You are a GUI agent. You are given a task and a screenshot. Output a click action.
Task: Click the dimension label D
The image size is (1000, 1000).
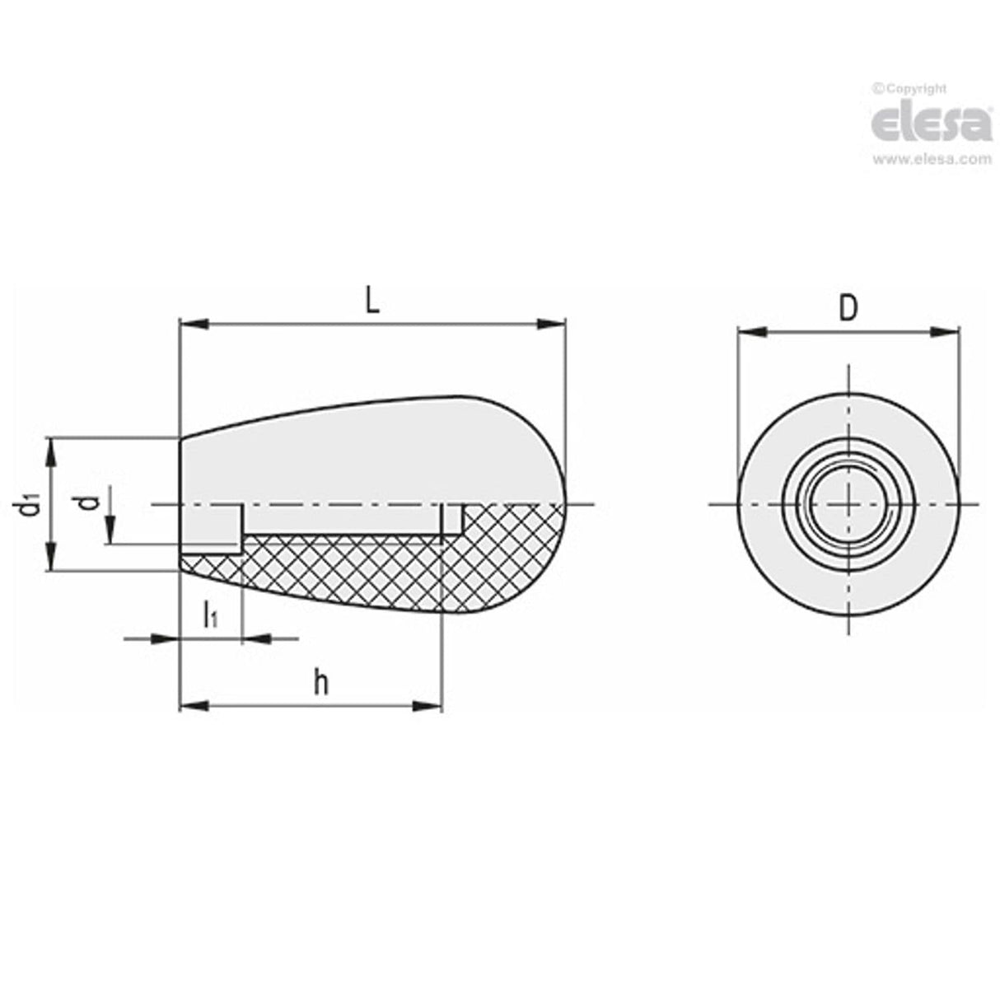tap(848, 308)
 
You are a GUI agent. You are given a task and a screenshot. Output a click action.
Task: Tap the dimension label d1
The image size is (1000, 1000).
tap(30, 504)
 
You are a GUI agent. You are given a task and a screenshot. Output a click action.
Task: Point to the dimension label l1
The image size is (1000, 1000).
tap(210, 614)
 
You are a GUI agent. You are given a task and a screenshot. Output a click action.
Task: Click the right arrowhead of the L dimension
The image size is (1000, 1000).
tap(552, 325)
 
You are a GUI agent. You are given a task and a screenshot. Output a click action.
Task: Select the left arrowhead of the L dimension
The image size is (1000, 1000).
tap(193, 325)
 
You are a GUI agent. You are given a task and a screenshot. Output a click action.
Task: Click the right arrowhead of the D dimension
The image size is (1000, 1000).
tap(946, 332)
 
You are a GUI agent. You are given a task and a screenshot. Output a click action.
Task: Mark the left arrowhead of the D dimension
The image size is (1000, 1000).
tap(751, 332)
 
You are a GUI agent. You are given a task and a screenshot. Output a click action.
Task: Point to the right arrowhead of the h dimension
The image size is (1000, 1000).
tap(429, 706)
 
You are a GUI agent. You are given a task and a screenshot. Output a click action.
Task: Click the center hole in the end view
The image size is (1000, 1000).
tap(848, 503)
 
